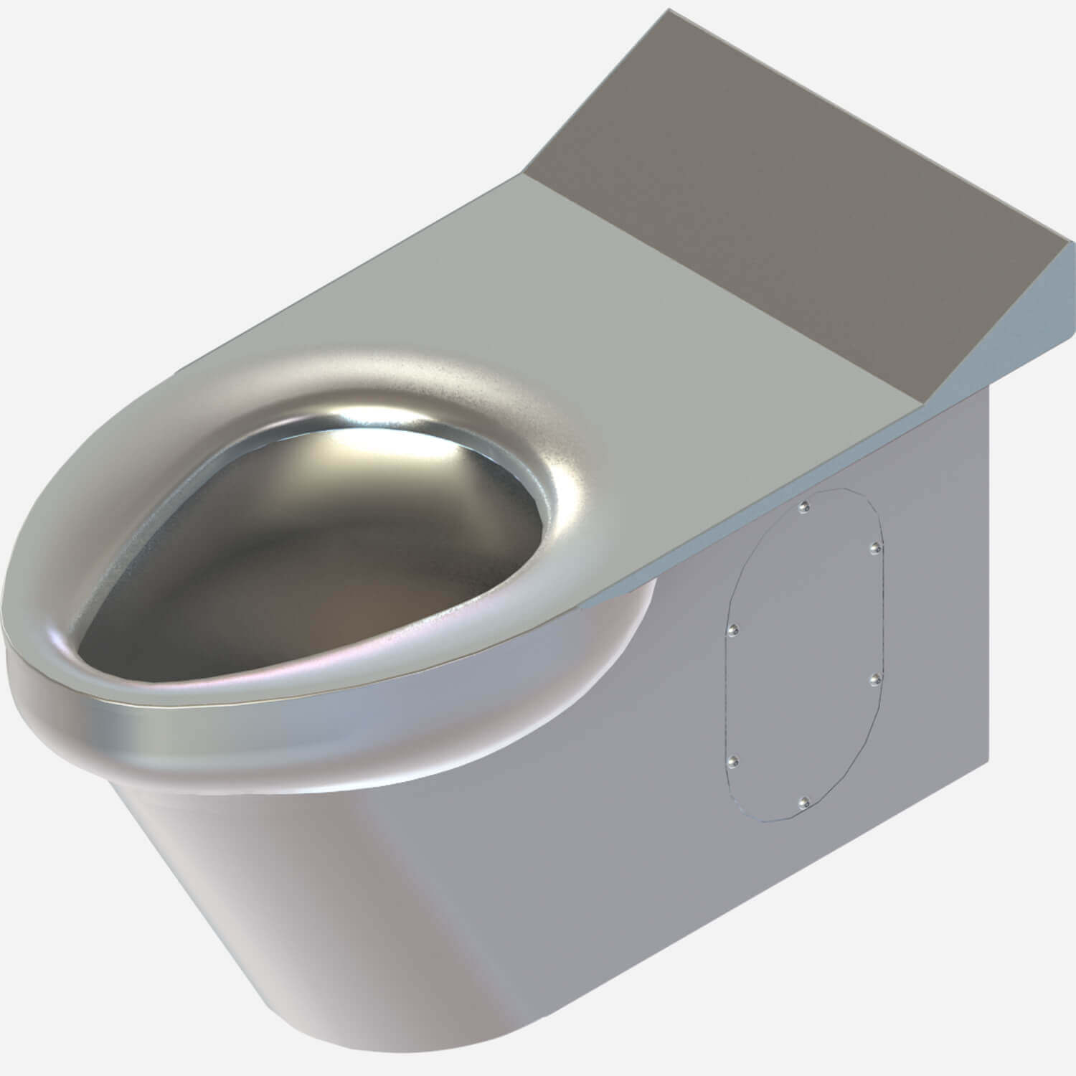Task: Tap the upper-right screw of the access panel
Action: coord(876,549)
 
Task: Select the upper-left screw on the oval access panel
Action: coord(732,630)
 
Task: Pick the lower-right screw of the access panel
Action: coord(876,679)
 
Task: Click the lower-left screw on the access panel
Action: coord(732,760)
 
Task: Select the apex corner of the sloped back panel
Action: coord(669,10)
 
